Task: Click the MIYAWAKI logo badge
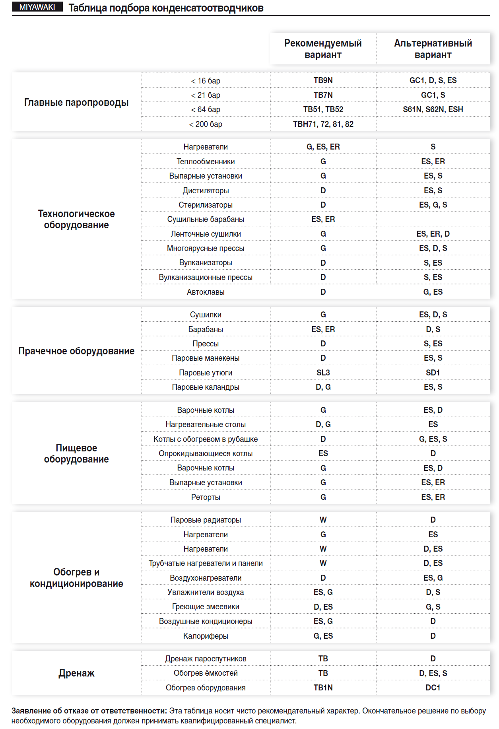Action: (x=37, y=7)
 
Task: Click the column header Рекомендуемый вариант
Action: (x=323, y=49)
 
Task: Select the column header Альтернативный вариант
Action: (x=433, y=49)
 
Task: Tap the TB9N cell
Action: (x=323, y=80)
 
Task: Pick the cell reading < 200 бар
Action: (x=206, y=124)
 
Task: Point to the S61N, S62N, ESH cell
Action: (x=433, y=109)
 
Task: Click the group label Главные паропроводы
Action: (x=76, y=102)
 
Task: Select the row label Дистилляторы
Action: (x=206, y=191)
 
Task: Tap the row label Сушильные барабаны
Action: (x=206, y=219)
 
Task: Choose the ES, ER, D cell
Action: (x=433, y=234)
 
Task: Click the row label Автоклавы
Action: (x=206, y=292)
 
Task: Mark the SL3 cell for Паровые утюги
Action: (x=323, y=373)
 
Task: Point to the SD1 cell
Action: (x=433, y=373)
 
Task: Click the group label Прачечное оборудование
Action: (x=76, y=351)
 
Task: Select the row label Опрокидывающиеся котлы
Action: (x=206, y=453)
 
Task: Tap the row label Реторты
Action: (x=206, y=497)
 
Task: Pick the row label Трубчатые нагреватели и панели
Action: (x=206, y=563)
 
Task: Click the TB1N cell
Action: (x=323, y=688)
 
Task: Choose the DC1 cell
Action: (x=433, y=688)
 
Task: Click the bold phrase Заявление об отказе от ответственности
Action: (x=89, y=711)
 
